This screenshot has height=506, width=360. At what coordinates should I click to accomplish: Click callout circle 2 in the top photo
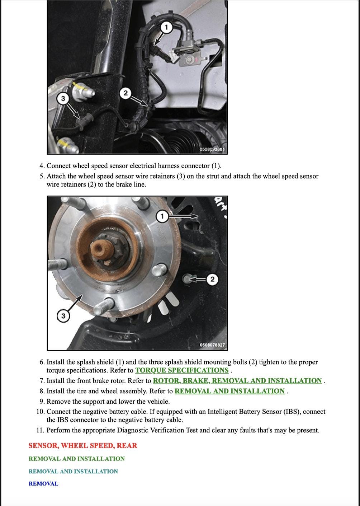pyautogui.click(x=125, y=93)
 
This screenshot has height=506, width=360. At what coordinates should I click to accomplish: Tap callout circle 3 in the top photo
pyautogui.click(x=63, y=99)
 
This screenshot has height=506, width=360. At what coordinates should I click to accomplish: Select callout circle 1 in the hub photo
pyautogui.click(x=162, y=216)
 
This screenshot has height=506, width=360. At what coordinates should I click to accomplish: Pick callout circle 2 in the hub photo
pyautogui.click(x=212, y=279)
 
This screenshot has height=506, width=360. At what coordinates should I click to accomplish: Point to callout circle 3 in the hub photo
pyautogui.click(x=63, y=316)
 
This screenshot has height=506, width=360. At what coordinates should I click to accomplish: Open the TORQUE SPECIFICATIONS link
pyautogui.click(x=182, y=371)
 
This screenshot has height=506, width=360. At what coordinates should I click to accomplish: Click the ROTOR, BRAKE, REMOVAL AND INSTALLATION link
pyautogui.click(x=237, y=381)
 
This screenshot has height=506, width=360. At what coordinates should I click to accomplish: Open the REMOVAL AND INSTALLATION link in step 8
pyautogui.click(x=229, y=391)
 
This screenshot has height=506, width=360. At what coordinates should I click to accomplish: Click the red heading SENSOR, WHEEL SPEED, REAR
pyautogui.click(x=83, y=446)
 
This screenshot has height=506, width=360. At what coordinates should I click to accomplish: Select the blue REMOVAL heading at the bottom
pyautogui.click(x=43, y=484)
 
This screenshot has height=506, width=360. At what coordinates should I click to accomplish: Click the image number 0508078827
pyautogui.click(x=212, y=345)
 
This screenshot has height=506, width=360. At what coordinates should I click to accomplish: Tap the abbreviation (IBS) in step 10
pyautogui.click(x=292, y=412)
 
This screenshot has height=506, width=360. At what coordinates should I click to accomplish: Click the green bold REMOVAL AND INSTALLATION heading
pyautogui.click(x=77, y=459)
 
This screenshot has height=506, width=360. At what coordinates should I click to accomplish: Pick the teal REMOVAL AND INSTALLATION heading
pyautogui.click(x=73, y=472)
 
